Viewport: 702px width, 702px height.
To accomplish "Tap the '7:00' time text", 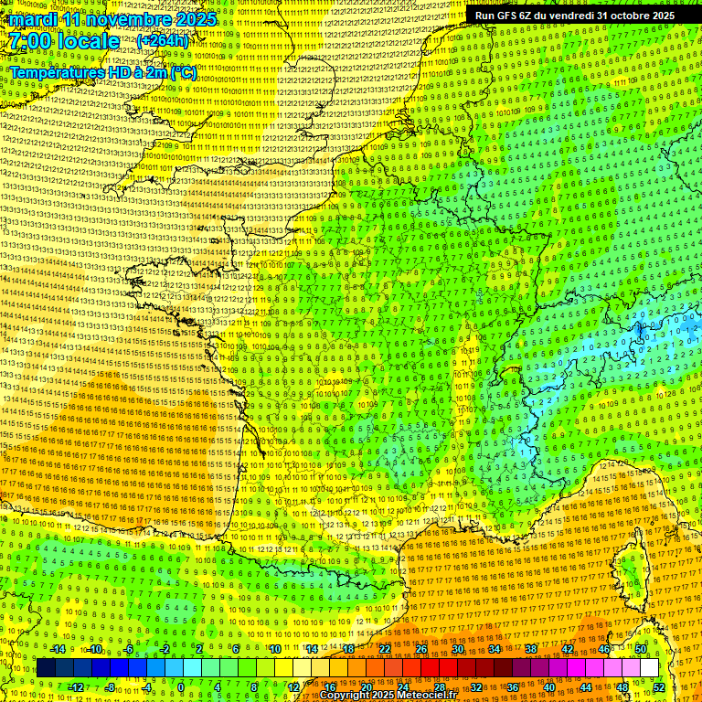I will click(29, 41).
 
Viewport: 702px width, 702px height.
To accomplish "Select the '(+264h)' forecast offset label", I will click(163, 41).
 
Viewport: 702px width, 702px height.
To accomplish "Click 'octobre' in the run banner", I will click(621, 16).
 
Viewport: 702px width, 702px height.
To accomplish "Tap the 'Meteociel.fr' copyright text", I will click(424, 695).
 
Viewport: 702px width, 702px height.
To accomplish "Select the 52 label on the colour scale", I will click(659, 686).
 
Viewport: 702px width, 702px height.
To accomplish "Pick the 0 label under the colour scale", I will click(180, 686).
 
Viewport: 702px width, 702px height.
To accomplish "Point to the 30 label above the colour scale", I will click(457, 648).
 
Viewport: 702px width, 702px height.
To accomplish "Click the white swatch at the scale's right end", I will click(649, 667).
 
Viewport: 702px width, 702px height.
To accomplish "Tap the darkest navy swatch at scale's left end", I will click(46, 667).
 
